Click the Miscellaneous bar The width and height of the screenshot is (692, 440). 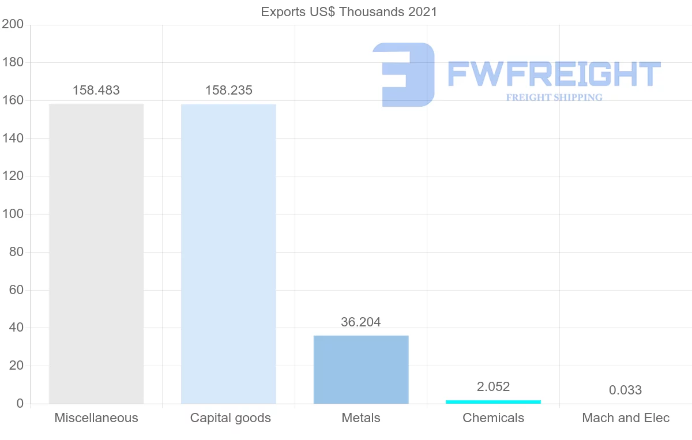point(96,254)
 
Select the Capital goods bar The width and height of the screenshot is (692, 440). point(228,254)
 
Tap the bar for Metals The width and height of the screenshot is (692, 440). point(361,369)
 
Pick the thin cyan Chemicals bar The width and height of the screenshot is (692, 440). point(493,401)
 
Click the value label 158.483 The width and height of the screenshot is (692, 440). point(96,91)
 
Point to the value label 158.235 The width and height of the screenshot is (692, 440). point(229,91)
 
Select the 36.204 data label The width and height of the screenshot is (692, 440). point(361,322)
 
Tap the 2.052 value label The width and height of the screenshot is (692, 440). point(493,387)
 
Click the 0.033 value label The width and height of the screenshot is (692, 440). point(625,390)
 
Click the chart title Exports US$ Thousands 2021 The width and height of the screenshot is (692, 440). point(349,12)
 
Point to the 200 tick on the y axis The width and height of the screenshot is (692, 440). point(12,24)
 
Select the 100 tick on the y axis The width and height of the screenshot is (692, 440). point(12,214)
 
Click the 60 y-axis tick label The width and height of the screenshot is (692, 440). point(16,290)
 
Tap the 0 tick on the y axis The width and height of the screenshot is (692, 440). point(20,404)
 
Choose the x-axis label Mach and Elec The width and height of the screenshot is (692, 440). point(626,418)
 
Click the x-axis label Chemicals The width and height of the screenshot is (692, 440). point(493,418)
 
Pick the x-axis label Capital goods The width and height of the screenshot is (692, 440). point(230,418)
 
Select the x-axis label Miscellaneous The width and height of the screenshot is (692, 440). point(96,418)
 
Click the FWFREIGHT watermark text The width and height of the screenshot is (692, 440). point(554,74)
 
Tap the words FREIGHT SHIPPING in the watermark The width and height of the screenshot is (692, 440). point(554,97)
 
